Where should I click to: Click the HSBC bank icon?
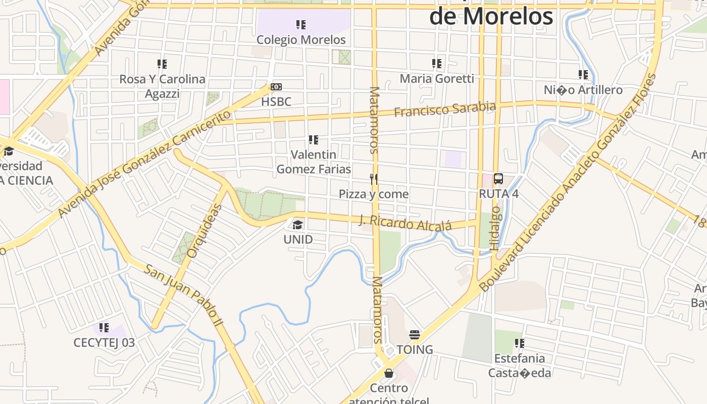(x=276, y=87)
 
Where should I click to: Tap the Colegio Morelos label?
(x=301, y=39)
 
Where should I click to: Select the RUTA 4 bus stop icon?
(x=498, y=178)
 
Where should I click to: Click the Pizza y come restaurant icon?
(x=374, y=179)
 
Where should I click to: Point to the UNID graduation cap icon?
(x=298, y=225)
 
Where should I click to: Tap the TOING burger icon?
(x=415, y=334)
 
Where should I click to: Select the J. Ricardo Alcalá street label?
(x=405, y=223)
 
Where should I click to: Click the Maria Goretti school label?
(x=437, y=79)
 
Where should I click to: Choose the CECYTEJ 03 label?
(x=104, y=343)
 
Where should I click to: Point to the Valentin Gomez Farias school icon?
(x=314, y=139)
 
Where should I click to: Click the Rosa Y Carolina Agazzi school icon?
(x=162, y=64)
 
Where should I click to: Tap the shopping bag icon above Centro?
(x=389, y=373)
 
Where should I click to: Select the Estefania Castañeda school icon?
(x=519, y=343)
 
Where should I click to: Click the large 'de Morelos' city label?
(x=491, y=16)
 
